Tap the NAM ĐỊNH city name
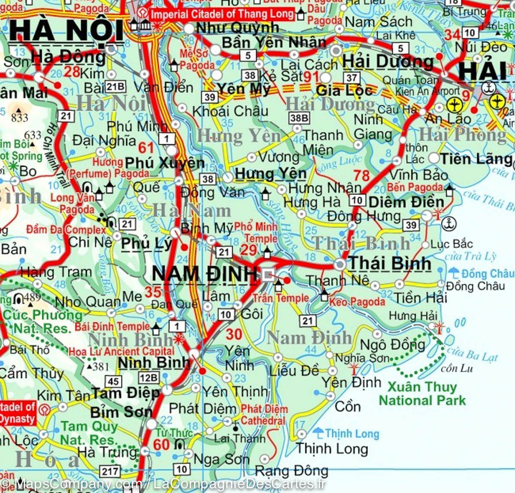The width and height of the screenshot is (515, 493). coord(205,274)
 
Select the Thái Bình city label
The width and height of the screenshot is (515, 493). coord(389,263)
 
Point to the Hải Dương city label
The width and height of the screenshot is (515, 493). coord(388,62)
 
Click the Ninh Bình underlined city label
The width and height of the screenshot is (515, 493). coord(154,363)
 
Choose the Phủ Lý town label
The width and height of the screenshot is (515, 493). coord(146,243)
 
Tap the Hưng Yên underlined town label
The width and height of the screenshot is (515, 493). coord(270,174)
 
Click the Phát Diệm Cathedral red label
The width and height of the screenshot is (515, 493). coord(263,415)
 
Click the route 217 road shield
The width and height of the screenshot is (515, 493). coord(110,471)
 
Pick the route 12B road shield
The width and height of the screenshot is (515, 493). coord(148,378)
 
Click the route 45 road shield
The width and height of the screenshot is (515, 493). coord(113,381)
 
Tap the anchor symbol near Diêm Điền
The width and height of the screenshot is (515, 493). coord(449,223)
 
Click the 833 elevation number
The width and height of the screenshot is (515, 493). coord(20,117)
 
